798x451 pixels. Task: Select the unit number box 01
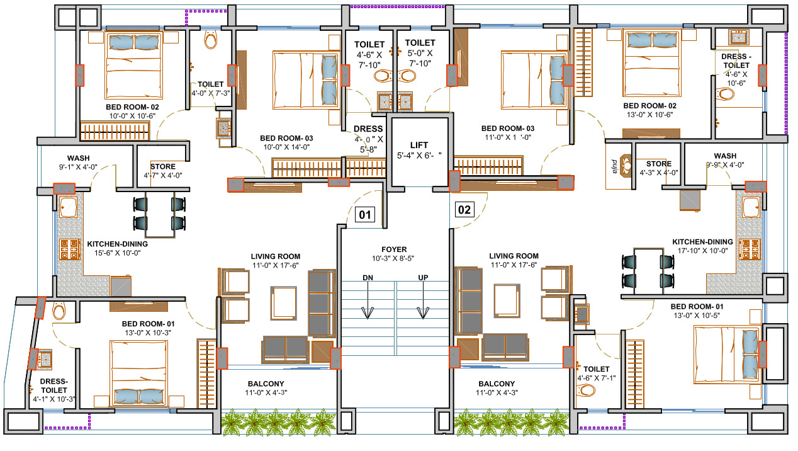(x=365, y=215)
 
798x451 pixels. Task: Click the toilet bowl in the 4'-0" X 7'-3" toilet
(x=210, y=42)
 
